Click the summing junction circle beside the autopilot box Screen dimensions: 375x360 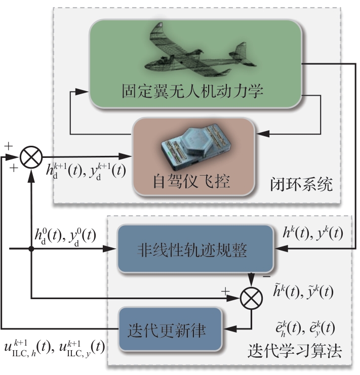pos(32,155)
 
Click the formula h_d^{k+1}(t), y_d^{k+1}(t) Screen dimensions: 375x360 pos(88,170)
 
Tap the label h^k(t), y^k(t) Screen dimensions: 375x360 pos(314,233)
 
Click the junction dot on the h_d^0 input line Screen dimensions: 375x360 pos(32,249)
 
